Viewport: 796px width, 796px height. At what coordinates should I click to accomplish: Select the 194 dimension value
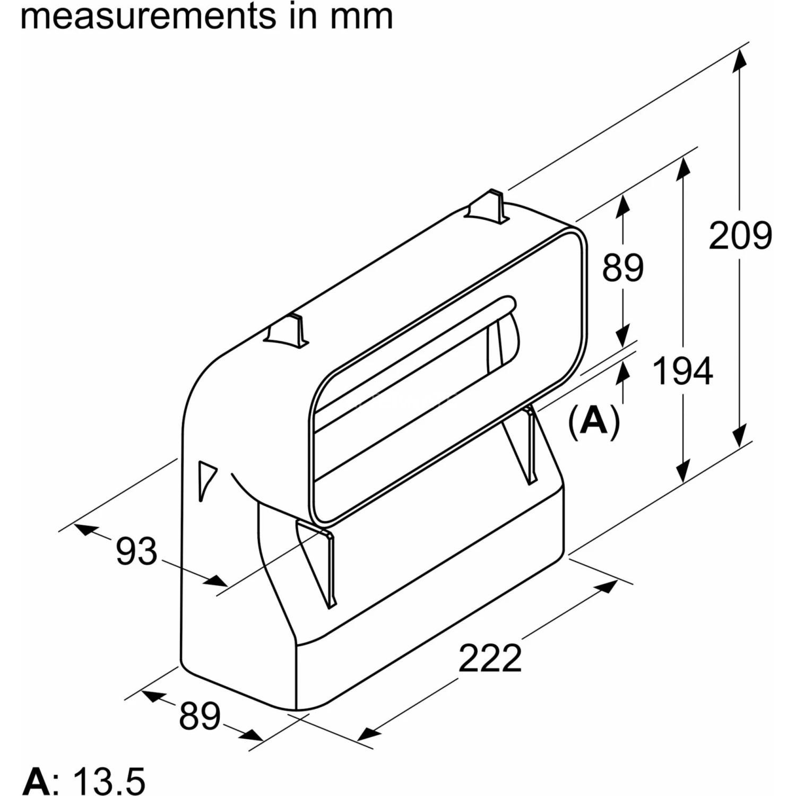pyautogui.click(x=682, y=371)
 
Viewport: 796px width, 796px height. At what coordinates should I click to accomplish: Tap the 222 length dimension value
pyautogui.click(x=490, y=659)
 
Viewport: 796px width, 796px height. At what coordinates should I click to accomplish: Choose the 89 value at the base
pyautogui.click(x=200, y=716)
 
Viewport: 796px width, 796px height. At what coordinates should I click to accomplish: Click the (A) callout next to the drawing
pyautogui.click(x=594, y=421)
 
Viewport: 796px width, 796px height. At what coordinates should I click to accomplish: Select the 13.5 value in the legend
pyautogui.click(x=109, y=781)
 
